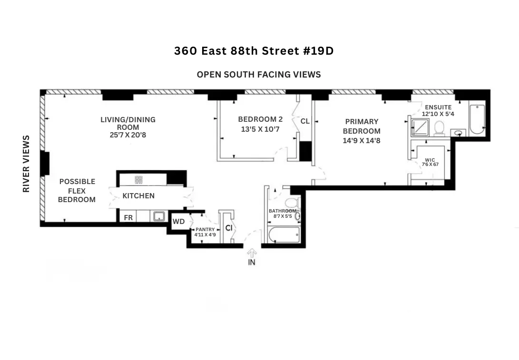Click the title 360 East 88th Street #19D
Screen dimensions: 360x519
coord(254,51)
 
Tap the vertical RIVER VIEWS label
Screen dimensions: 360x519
coord(26,164)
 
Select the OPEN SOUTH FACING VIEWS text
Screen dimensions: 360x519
coord(259,75)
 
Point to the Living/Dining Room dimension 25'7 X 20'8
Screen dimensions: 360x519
coord(127,135)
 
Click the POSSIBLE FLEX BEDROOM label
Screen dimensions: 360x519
coord(77,190)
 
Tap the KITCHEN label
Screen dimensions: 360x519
coord(138,195)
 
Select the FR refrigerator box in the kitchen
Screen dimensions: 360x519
coord(128,218)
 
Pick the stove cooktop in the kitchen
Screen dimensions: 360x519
coord(139,180)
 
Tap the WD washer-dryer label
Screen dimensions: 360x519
coord(178,222)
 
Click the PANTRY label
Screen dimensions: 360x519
coord(205,230)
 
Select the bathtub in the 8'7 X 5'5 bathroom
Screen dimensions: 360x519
coord(284,234)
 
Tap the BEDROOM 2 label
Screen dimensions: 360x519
coord(257,119)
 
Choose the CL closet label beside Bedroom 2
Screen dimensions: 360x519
coord(305,121)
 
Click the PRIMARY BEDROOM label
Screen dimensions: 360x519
coord(362,126)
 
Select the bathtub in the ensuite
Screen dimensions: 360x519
coord(476,119)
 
